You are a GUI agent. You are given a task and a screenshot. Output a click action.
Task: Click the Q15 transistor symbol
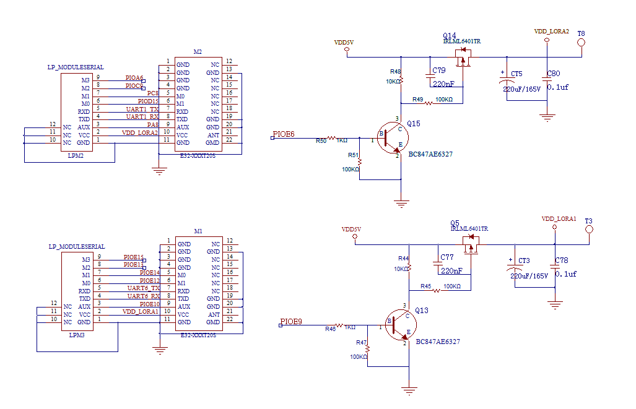pos(391,137)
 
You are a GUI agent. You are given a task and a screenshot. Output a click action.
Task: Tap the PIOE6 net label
pos(284,134)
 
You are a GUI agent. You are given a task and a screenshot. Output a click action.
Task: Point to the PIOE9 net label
pos(291,322)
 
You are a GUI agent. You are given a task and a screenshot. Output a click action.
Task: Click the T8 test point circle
pos(582,43)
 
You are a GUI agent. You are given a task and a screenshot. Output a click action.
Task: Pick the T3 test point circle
pos(589,230)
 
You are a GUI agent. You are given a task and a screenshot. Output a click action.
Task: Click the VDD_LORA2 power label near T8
pos(551,31)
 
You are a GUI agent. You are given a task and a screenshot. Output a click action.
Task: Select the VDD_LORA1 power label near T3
pos(559,219)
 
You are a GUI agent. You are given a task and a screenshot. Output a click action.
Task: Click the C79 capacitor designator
pos(439,70)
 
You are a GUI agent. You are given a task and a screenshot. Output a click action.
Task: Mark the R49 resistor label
pos(417,99)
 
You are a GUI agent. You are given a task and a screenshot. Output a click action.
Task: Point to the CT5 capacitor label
pos(516,74)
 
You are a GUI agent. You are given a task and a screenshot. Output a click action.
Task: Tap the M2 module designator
pos(198,52)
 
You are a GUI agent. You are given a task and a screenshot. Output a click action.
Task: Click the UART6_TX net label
pos(143,288)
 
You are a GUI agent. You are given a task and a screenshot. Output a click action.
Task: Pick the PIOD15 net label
pos(148,101)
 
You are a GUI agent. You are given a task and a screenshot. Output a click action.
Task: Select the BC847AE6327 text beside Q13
pos(438,342)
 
